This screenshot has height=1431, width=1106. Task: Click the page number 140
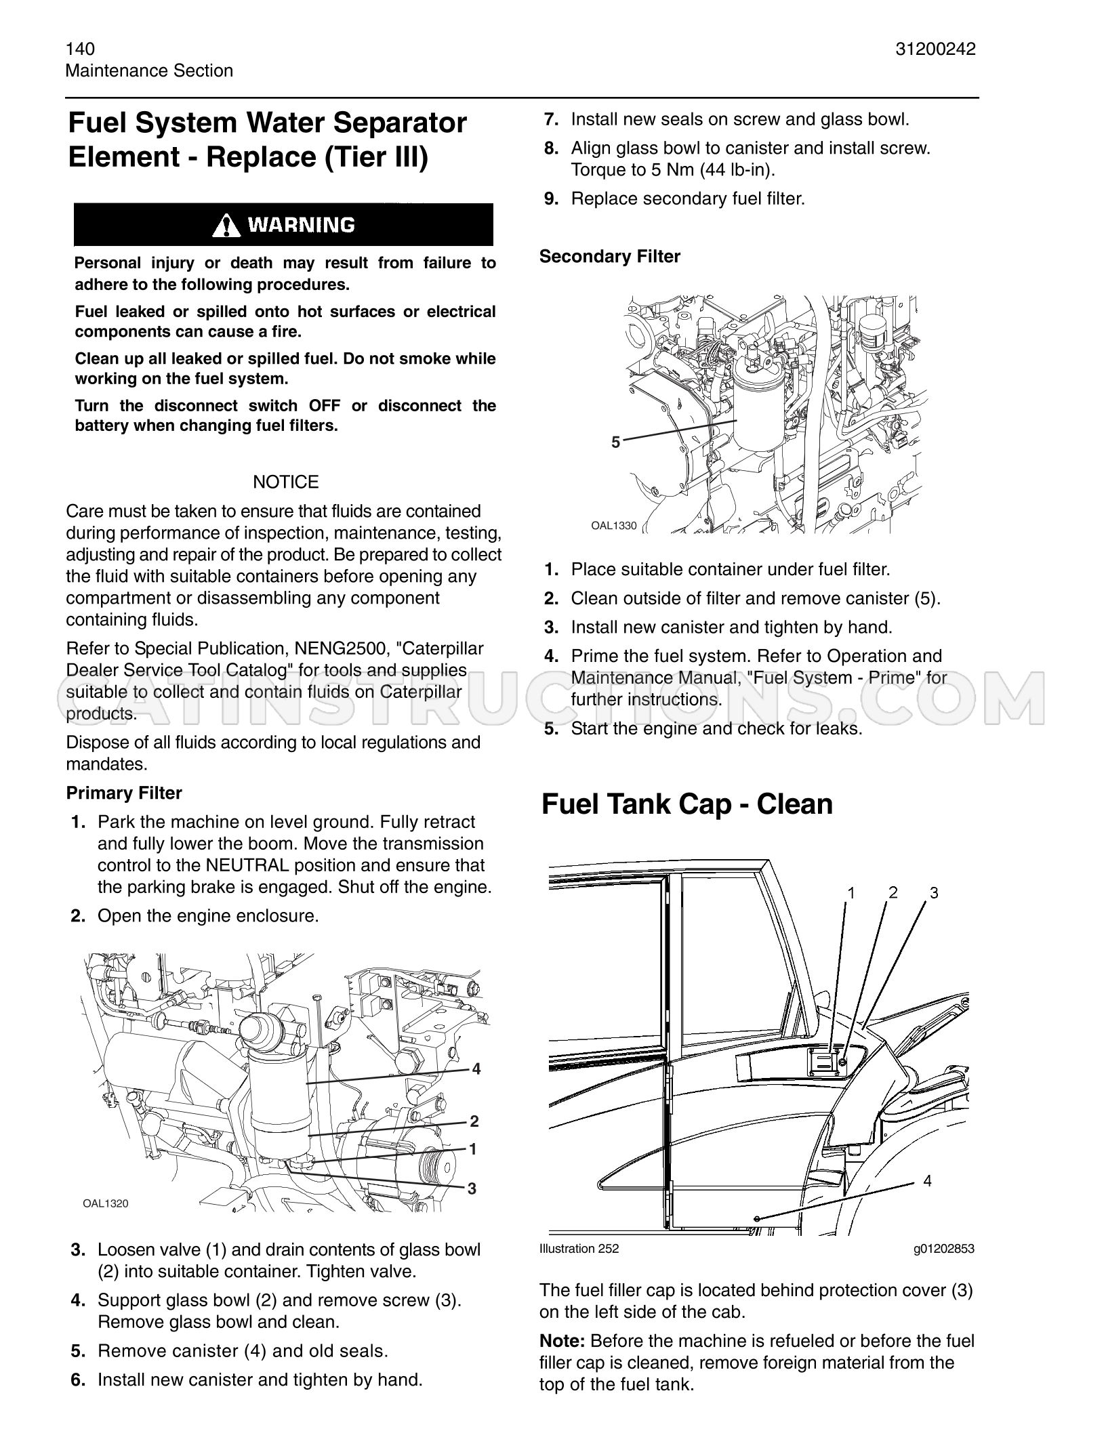[80, 49]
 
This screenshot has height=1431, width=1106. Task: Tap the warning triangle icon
[225, 225]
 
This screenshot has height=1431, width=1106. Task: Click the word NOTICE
[285, 482]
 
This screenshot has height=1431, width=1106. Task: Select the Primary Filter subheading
[124, 793]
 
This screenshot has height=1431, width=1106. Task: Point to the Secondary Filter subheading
[610, 256]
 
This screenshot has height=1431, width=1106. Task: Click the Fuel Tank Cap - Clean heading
[687, 804]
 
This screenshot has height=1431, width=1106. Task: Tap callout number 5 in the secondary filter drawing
[615, 442]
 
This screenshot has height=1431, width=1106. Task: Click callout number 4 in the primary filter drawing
[476, 1069]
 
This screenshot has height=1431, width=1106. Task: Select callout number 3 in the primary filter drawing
[472, 1188]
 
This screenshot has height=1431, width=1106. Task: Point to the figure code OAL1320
[106, 1203]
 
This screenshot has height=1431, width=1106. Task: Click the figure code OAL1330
[614, 525]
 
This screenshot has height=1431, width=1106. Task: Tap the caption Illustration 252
[579, 1248]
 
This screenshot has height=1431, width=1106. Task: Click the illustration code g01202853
[944, 1248]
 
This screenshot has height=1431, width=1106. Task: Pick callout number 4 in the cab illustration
[928, 1181]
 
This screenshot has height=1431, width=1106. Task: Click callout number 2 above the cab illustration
[893, 892]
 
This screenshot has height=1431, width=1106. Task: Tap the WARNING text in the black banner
[302, 225]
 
